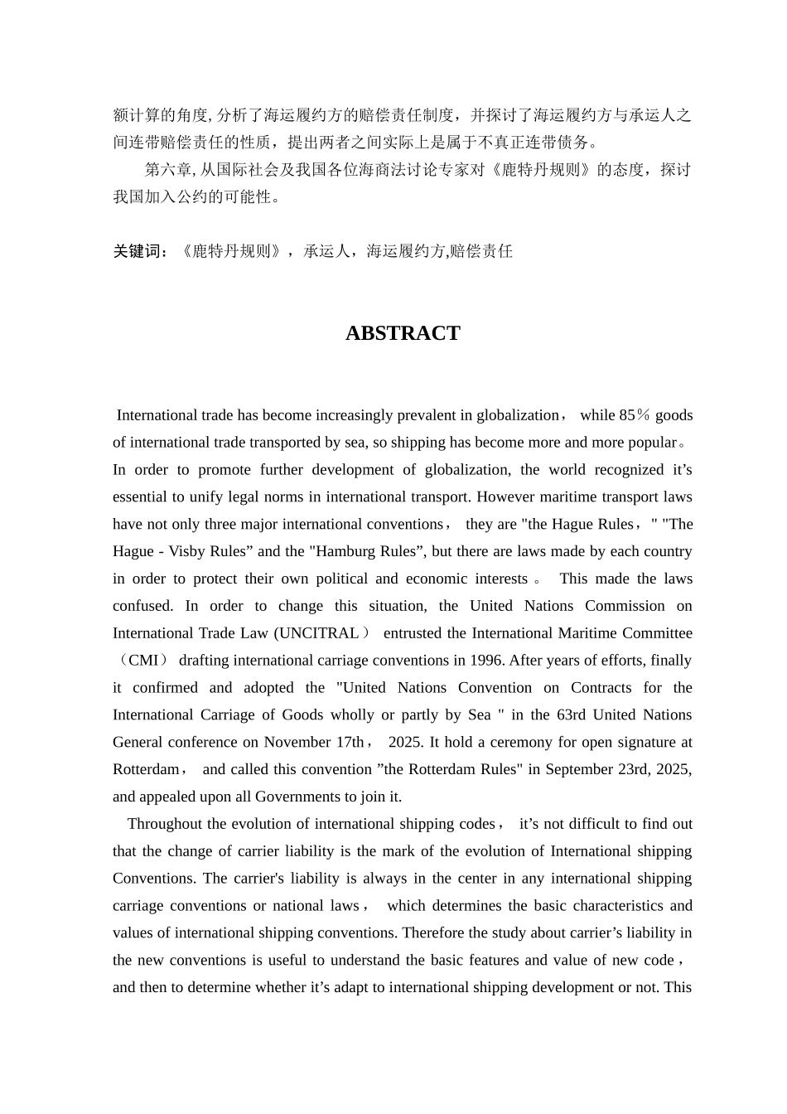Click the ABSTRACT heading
(403, 333)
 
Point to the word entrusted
(413, 633)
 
